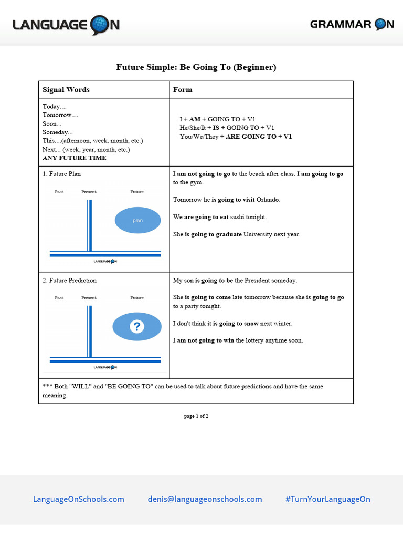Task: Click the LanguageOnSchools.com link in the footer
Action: tap(79, 499)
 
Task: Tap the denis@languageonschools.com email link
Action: tap(205, 499)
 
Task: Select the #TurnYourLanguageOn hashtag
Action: tap(327, 499)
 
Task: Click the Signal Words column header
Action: tap(66, 90)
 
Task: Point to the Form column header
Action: tap(183, 90)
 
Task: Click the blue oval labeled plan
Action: tap(137, 220)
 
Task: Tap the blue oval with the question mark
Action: tap(136, 327)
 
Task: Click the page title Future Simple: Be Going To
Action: tap(196, 67)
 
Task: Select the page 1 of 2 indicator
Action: tap(196, 416)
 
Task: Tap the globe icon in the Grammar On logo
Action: tap(384, 24)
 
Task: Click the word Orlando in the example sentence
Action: tap(268, 200)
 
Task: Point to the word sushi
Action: tap(239, 217)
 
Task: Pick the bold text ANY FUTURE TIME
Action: tap(74, 158)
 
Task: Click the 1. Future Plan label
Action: tap(62, 174)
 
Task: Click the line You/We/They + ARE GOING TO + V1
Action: tap(236, 137)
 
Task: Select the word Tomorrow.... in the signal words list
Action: tap(60, 115)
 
